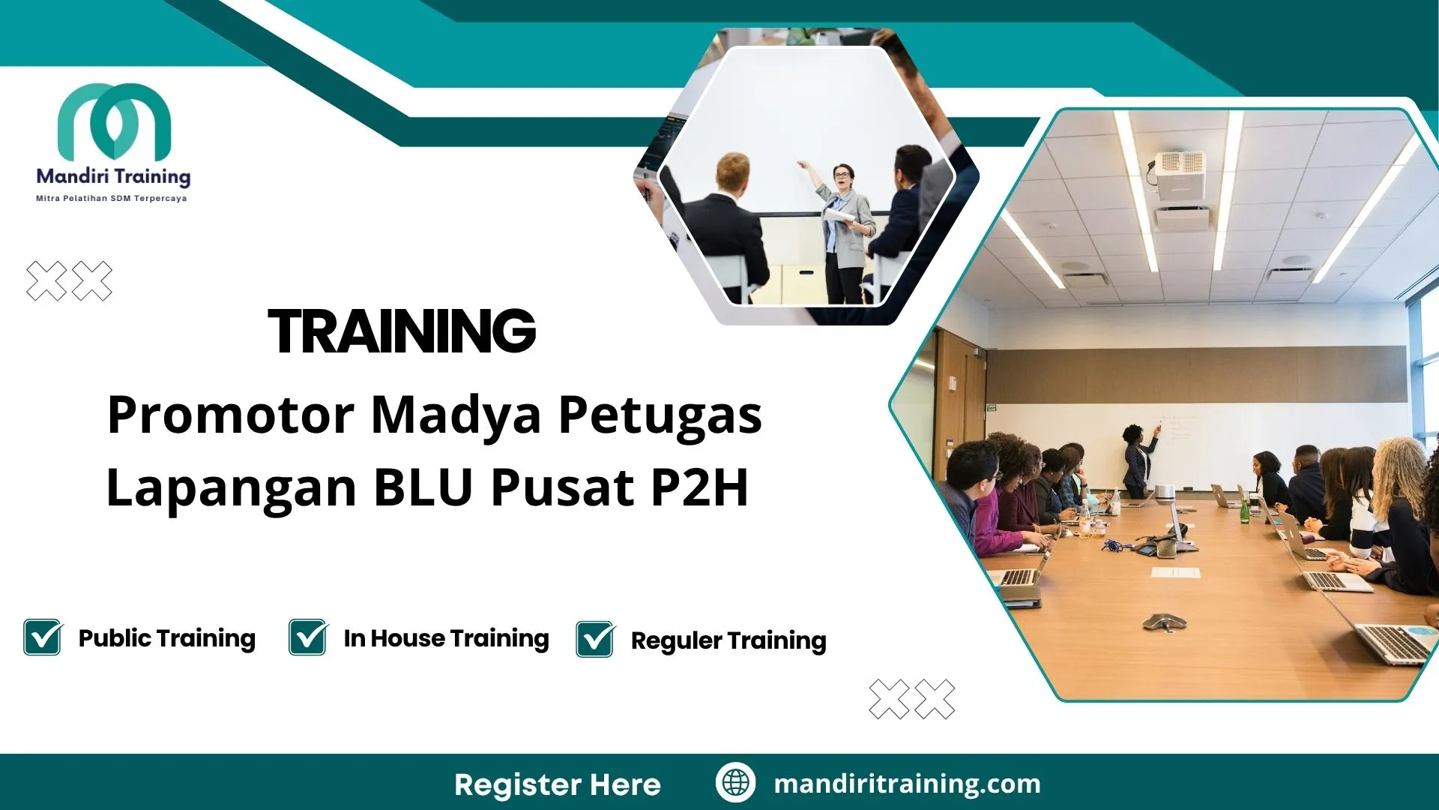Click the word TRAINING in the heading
[x=402, y=331]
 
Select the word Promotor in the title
[x=230, y=415]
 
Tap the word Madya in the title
[x=456, y=415]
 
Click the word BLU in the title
[x=423, y=488]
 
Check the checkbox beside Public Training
[x=43, y=637]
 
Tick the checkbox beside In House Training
[x=308, y=637]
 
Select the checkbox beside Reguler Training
[x=595, y=640]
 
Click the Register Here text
[x=558, y=784]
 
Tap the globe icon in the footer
[x=735, y=782]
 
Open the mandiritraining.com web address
[x=907, y=784]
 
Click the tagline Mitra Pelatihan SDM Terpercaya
[x=112, y=199]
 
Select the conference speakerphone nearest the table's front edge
[x=1163, y=621]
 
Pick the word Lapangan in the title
[x=232, y=488]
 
